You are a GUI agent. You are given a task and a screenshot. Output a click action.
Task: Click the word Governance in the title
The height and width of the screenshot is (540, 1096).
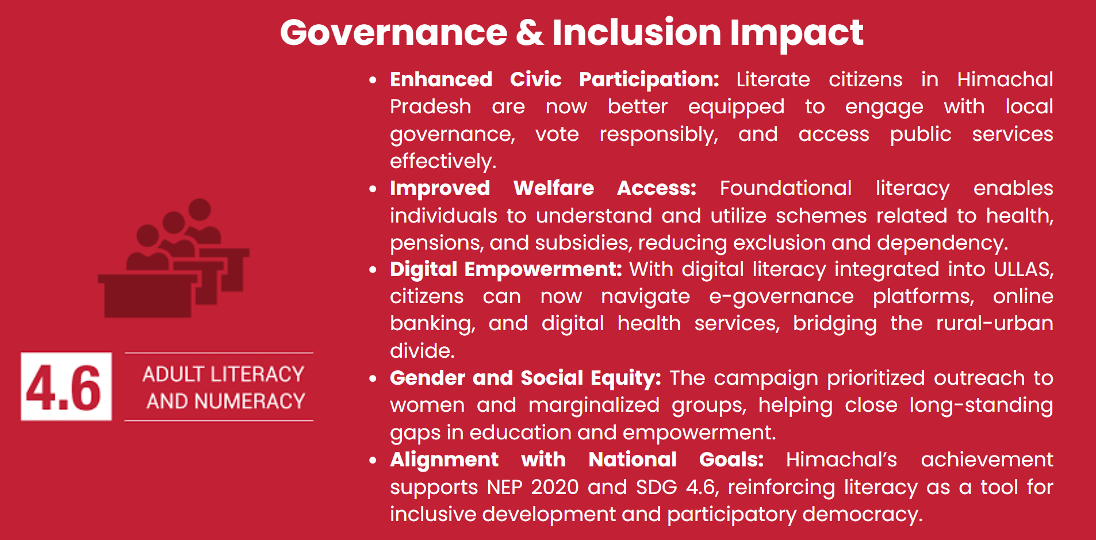click(393, 33)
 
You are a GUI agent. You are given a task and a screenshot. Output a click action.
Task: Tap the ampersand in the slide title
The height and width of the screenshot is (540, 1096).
click(530, 33)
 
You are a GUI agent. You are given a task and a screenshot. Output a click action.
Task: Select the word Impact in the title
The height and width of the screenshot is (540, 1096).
click(796, 33)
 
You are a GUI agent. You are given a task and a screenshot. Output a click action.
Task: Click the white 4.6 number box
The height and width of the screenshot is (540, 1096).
click(66, 386)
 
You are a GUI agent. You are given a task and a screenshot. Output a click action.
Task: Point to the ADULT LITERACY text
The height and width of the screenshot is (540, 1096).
click(223, 374)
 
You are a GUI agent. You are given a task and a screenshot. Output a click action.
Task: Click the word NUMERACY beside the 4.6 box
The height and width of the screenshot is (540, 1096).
click(250, 401)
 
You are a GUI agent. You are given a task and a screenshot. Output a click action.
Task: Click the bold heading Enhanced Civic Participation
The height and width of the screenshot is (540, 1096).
click(554, 79)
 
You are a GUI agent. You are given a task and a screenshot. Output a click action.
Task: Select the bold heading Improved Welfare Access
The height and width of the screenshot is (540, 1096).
click(543, 188)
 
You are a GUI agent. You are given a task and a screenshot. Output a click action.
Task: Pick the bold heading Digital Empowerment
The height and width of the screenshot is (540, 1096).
click(505, 269)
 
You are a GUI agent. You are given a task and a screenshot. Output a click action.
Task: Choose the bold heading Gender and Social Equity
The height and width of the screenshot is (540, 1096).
click(525, 378)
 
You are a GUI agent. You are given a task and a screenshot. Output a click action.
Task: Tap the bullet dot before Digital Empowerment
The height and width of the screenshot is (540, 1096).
click(373, 270)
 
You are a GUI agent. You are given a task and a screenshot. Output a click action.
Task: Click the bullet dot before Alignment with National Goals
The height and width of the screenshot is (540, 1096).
click(373, 460)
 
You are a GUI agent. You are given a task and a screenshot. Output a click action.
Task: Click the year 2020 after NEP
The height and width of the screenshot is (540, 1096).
click(554, 487)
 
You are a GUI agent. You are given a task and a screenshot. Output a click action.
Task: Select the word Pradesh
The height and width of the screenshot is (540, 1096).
click(430, 107)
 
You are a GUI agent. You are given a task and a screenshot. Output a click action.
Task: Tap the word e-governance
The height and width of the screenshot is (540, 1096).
click(781, 297)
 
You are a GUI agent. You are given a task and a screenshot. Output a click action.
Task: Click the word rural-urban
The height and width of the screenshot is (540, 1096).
click(994, 324)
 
